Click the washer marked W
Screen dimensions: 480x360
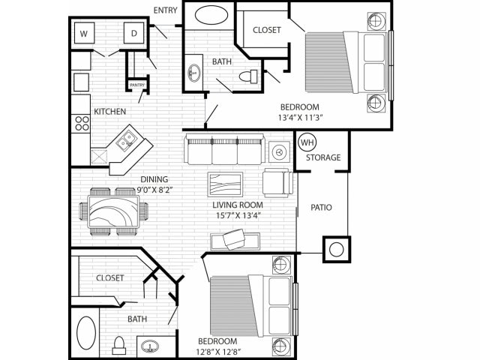click(84, 33)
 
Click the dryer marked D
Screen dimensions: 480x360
click(133, 33)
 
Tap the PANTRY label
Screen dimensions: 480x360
click(137, 85)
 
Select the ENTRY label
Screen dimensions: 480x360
click(165, 10)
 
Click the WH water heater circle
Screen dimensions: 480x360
click(307, 142)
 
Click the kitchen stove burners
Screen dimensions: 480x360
click(82, 123)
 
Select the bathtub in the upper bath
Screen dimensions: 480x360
click(211, 16)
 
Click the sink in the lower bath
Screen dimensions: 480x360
click(150, 346)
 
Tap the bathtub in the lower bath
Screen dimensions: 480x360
click(86, 333)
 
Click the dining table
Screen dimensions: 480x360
click(113, 211)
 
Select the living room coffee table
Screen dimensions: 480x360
click(225, 184)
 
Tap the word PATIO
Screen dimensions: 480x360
click(321, 208)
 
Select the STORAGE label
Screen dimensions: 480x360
click(323, 157)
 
